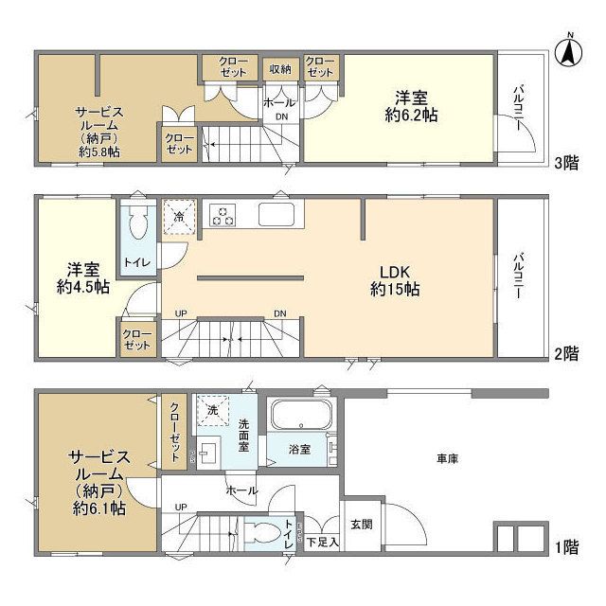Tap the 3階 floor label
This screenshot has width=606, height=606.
point(566,161)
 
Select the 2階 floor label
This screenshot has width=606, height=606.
point(566,354)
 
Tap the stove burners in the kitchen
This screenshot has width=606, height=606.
point(223,216)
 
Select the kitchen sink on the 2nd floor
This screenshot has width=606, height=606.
point(277,215)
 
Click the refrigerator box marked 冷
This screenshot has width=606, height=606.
point(178,217)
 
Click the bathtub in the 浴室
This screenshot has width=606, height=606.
point(300,417)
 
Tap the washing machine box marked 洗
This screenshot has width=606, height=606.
point(212,410)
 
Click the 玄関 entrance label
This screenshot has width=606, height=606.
point(361,523)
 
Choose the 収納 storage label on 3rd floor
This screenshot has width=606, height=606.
point(279,69)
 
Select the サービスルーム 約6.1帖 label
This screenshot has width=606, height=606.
point(96,483)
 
